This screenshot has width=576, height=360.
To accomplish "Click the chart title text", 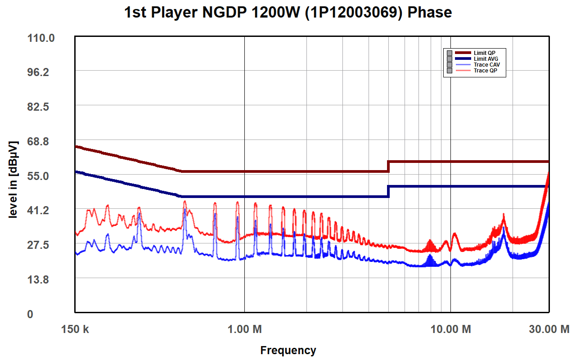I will [288, 13].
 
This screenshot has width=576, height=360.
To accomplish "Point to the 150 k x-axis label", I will [75, 329].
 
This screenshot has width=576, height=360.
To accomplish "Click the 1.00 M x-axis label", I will [245, 329].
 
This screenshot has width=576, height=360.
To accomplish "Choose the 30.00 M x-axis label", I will [549, 329].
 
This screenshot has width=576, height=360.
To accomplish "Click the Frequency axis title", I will [288, 350].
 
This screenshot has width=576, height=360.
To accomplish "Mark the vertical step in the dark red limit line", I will [388, 166].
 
